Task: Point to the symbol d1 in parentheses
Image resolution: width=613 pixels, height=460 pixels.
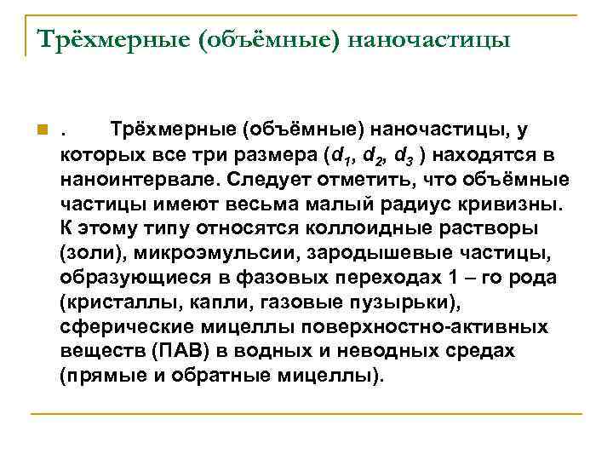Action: point(341,156)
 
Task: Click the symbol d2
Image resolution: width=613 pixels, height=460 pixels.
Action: point(374,156)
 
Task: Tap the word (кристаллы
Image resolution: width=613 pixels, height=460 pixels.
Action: point(113,302)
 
